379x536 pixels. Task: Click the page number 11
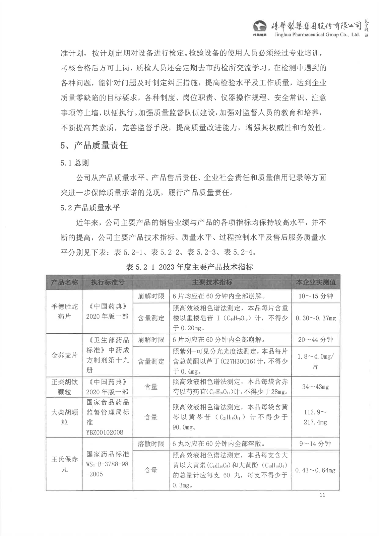click(x=322, y=495)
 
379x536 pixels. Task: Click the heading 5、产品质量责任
click(x=94, y=145)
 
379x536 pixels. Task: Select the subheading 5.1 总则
click(x=74, y=163)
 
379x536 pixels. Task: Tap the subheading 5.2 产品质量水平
click(x=90, y=208)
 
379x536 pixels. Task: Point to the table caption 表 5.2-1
click(x=189, y=267)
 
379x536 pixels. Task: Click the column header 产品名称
click(x=64, y=282)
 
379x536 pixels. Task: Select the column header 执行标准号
click(x=108, y=282)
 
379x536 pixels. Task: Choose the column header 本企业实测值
click(x=315, y=282)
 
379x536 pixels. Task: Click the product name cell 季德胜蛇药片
click(x=64, y=311)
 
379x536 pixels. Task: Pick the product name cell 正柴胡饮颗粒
click(x=64, y=387)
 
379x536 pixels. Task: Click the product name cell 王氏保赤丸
click(x=64, y=464)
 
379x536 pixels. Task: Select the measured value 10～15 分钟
click(x=315, y=296)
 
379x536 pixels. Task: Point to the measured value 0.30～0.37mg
click(x=315, y=318)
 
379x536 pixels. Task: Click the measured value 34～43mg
click(x=315, y=387)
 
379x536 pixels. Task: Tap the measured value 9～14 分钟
click(x=315, y=444)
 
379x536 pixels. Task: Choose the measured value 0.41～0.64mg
click(x=315, y=470)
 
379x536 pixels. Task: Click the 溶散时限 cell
click(x=151, y=444)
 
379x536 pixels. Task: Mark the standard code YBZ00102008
click(x=105, y=432)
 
